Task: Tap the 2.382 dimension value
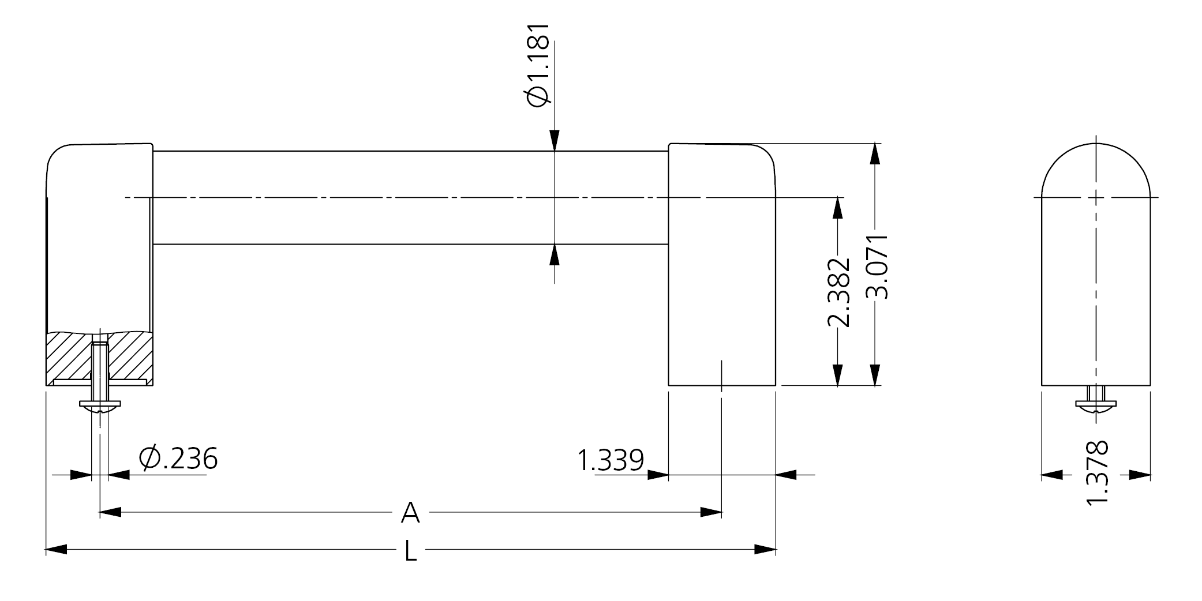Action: [838, 292]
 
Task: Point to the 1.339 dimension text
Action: [610, 460]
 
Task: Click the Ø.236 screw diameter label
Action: [178, 459]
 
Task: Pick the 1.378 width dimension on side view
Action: [1096, 473]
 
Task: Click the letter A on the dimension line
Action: [410, 513]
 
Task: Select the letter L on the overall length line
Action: [410, 551]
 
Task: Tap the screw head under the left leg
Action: [100, 406]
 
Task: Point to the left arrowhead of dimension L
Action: [57, 550]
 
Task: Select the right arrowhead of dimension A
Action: [711, 512]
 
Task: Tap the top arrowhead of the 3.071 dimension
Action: [876, 153]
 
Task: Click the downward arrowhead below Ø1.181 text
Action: [554, 141]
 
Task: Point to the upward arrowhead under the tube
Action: [554, 254]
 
